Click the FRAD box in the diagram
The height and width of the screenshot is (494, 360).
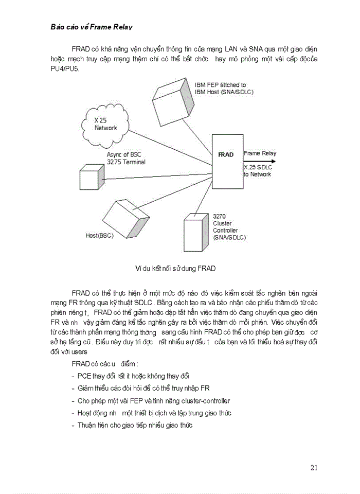tap(226, 154)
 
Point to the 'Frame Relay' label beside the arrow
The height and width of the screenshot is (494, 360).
tap(260, 153)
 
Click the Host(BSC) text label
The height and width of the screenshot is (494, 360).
tap(99, 236)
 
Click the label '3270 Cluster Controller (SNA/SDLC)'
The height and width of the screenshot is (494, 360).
tap(229, 227)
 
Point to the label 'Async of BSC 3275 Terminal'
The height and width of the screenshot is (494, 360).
tap(126, 158)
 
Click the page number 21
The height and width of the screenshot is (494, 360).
tap(314, 468)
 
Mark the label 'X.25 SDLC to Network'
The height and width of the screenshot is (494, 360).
tap(257, 171)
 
